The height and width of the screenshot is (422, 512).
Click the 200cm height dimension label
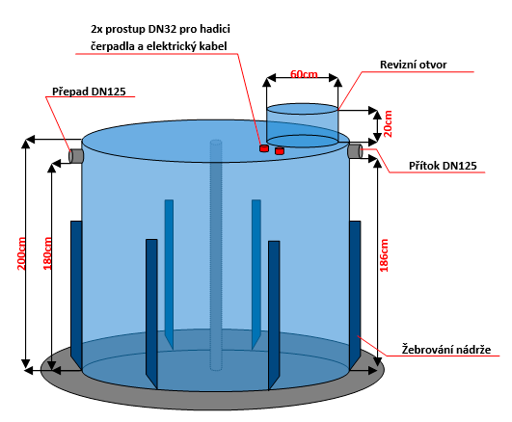tap(21, 253)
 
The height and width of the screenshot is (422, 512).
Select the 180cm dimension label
tap(47, 253)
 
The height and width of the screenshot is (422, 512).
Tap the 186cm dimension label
tap(384, 255)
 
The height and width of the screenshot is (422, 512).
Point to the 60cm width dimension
tap(304, 74)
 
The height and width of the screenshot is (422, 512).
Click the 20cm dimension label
tap(388, 123)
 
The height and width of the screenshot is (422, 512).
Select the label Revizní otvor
tap(413, 65)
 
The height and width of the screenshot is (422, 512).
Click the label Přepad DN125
tap(89, 92)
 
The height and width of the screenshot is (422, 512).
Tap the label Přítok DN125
tap(443, 166)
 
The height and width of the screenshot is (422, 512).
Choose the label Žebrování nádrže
tap(446, 349)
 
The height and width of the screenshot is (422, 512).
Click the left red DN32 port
tap(264, 148)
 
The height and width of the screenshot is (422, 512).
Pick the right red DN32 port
tap(280, 151)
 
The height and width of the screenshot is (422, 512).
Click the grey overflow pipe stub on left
tap(76, 156)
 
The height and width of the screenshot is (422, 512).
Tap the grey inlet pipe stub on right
tap(355, 151)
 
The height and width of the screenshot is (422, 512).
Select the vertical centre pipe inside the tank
tap(216, 255)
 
